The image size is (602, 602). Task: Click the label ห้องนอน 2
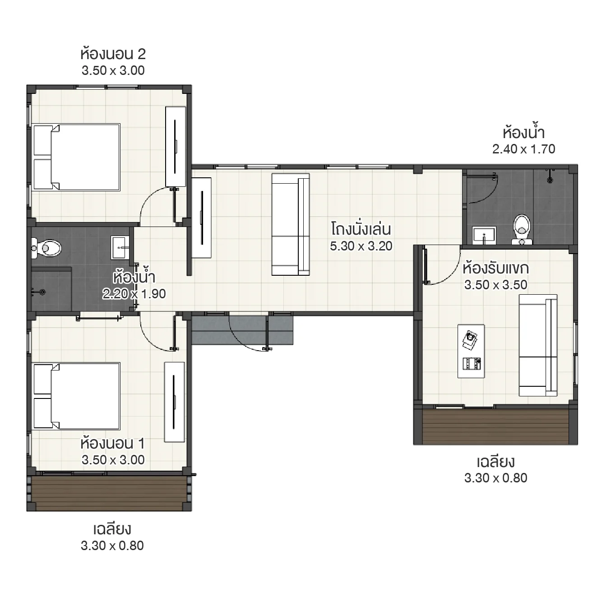113,55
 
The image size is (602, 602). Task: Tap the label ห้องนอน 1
113,444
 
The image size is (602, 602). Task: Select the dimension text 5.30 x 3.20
361,246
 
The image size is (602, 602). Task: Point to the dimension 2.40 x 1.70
523,149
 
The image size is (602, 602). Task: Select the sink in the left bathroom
120,247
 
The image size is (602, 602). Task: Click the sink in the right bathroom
484,235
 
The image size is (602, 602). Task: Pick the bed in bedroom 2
77,157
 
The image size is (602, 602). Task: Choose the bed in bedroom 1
77,395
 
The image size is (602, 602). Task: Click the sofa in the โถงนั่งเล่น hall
290,224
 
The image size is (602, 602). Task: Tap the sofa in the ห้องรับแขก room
538,345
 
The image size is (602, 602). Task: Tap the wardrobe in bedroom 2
176,147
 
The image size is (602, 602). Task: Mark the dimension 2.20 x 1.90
134,294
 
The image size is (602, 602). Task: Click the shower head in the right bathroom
549,179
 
